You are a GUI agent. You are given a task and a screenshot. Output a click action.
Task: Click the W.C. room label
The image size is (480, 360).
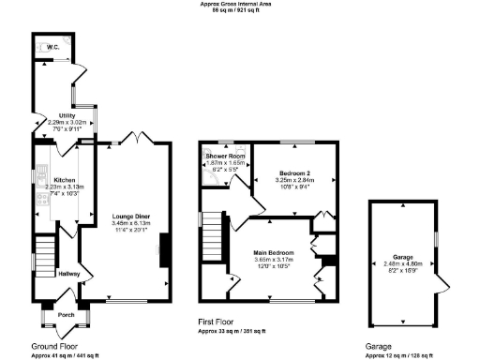[x=53, y=46]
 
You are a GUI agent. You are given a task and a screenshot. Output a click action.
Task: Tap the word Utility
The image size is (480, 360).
[x=67, y=115]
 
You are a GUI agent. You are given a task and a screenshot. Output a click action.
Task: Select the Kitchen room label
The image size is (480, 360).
[x=64, y=179]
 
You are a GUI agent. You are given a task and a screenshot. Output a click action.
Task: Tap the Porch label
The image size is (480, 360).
[x=66, y=315]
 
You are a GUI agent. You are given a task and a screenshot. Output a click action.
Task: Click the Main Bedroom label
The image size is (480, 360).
[x=274, y=253]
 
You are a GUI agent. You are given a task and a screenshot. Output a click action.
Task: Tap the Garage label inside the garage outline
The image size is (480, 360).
[x=403, y=256]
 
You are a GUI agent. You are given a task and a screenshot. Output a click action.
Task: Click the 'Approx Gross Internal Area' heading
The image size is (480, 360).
[x=240, y=4]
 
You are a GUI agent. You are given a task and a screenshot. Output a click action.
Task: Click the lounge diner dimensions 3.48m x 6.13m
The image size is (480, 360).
[x=131, y=223]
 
